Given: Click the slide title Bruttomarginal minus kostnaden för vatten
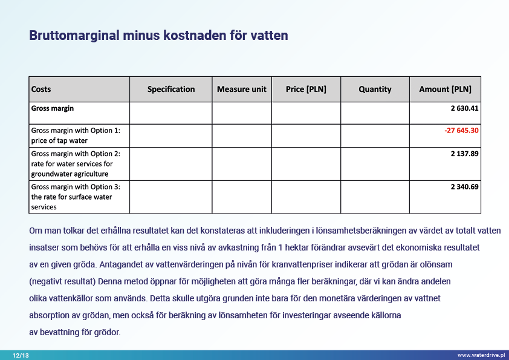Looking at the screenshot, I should [158, 36].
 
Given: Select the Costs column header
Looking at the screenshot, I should [41, 90].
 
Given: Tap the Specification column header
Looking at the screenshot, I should [171, 90].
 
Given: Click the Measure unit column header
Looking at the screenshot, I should [242, 90].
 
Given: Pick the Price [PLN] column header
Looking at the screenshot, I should [306, 90].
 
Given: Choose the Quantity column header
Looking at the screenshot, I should [375, 90].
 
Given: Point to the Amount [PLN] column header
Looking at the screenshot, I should [445, 90].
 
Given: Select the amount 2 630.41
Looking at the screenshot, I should [464, 109].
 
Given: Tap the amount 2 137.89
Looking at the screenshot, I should [464, 154].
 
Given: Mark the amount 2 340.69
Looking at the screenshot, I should [464, 187].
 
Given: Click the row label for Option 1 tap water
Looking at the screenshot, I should [76, 136].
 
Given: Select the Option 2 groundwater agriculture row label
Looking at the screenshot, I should [76, 163].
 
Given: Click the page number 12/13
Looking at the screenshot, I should [21, 355].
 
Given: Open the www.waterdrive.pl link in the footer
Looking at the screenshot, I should [481, 355].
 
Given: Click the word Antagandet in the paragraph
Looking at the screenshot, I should [125, 265].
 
